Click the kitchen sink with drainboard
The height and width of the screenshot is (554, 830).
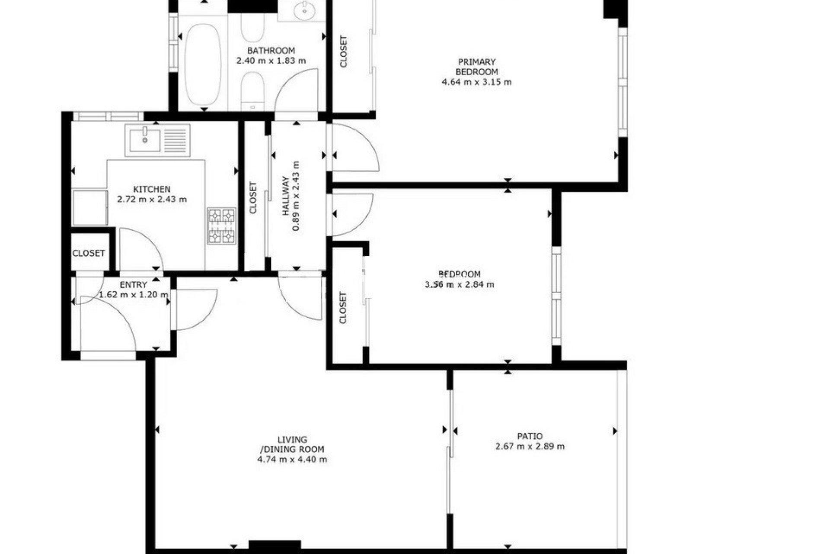pyautogui.click(x=157, y=140)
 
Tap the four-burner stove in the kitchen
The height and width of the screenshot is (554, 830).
pyautogui.click(x=222, y=226)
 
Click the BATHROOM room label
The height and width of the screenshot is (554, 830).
pyautogui.click(x=271, y=51)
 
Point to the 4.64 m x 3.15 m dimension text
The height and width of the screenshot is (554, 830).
pyautogui.click(x=476, y=82)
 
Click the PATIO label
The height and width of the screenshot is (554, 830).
pyautogui.click(x=530, y=436)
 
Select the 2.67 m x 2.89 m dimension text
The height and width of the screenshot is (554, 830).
pyautogui.click(x=530, y=447)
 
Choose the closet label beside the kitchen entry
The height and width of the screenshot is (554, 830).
pyautogui.click(x=89, y=253)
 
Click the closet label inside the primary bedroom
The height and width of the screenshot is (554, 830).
pyautogui.click(x=344, y=52)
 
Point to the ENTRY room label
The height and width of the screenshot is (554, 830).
pyautogui.click(x=133, y=285)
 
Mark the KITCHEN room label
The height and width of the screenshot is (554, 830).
pyautogui.click(x=152, y=189)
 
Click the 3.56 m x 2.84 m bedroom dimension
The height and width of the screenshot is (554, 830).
pyautogui.click(x=460, y=285)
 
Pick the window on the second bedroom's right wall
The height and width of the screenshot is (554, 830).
pyautogui.click(x=556, y=296)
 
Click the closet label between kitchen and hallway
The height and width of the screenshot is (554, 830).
pyautogui.click(x=253, y=198)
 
